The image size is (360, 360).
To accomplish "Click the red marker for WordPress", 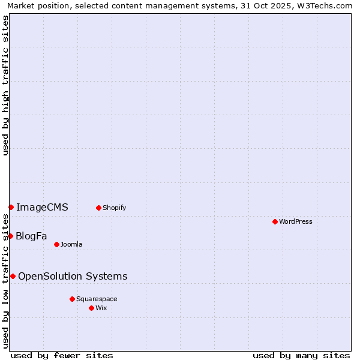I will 275,221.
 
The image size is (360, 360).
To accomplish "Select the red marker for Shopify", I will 98,208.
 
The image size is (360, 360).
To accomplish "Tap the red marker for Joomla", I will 56,244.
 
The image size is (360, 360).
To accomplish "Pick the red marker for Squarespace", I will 72,299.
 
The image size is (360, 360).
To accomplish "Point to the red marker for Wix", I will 91,308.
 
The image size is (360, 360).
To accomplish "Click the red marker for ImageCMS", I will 11,207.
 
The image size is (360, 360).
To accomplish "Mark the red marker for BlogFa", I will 10,236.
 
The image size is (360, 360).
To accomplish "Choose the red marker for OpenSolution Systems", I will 13,276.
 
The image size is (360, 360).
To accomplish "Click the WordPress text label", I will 296,221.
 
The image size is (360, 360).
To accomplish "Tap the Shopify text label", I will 114,208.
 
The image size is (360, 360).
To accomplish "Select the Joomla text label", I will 71,244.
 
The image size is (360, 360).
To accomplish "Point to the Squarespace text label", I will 97,299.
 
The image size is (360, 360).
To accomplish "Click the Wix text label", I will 101,308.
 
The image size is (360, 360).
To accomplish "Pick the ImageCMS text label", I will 42,208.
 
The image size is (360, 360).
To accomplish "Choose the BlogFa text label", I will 31,236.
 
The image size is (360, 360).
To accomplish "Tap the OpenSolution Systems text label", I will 73,276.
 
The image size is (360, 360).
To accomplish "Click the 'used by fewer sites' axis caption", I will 62,355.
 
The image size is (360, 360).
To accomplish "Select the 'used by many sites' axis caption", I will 301,355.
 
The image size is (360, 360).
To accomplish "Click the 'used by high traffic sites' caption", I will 5,85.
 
